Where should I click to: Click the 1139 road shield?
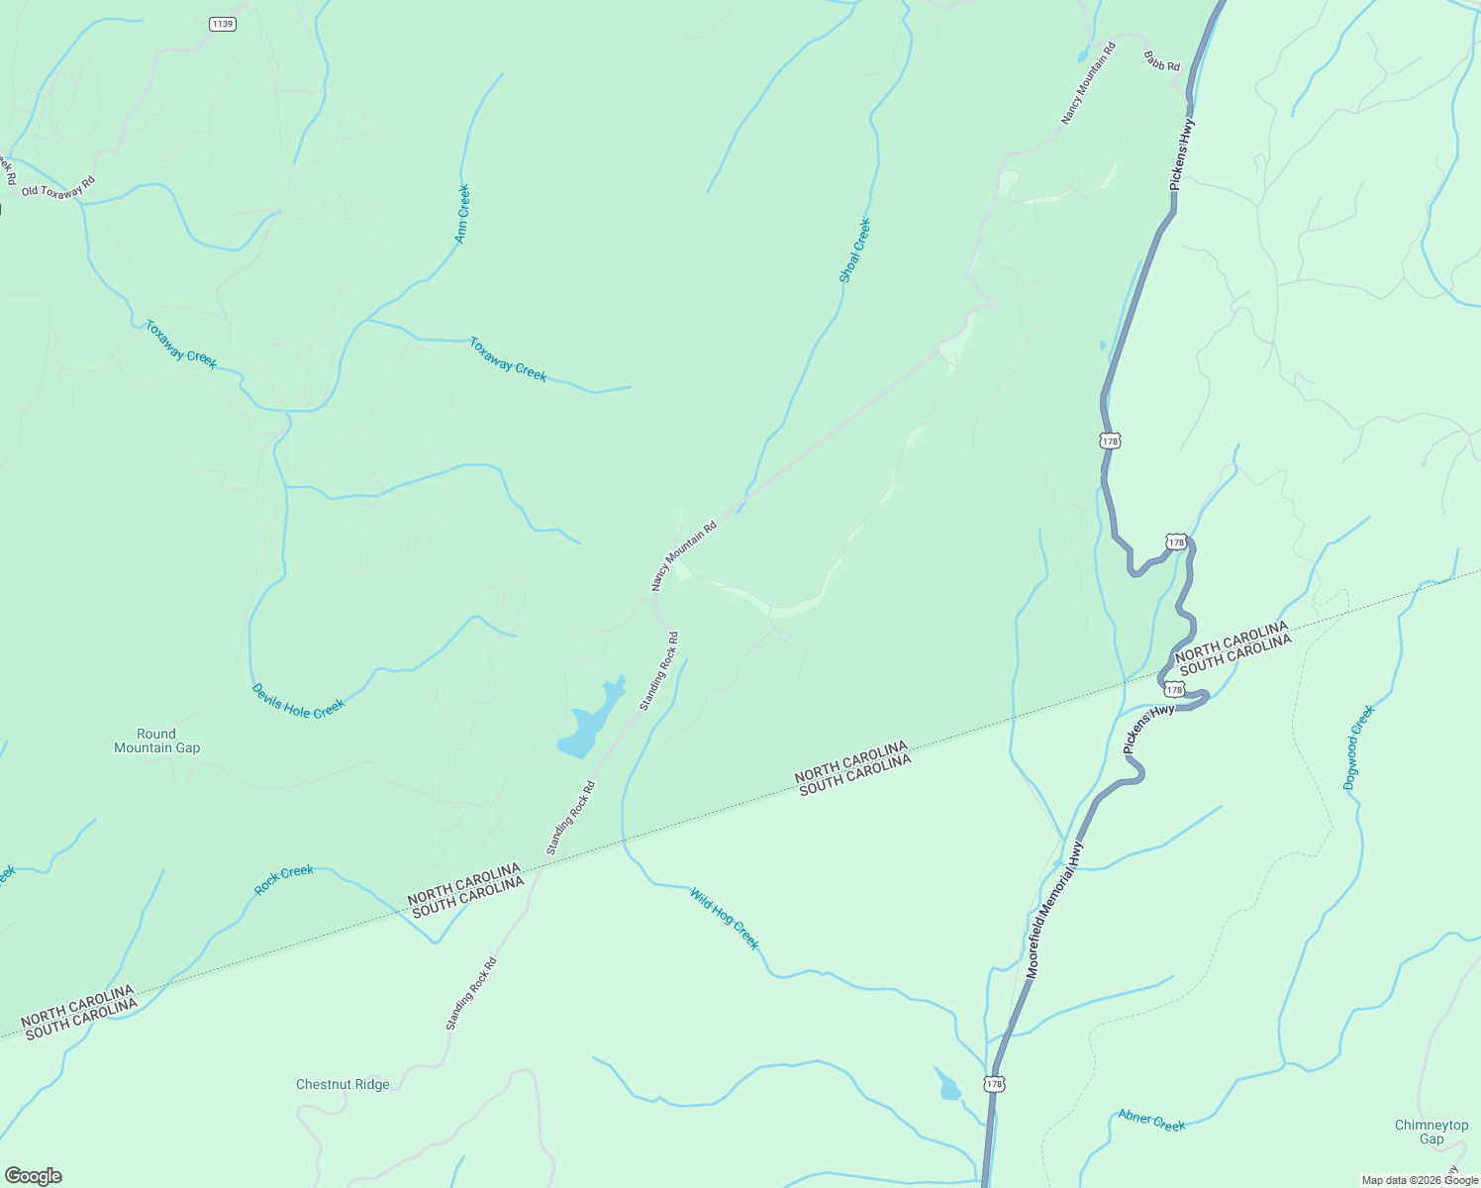pos(223,24)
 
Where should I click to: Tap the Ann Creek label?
pos(462,214)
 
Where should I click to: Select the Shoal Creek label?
pos(854,250)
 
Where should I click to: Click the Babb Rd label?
pos(1162,61)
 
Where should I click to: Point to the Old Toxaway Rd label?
pos(58,186)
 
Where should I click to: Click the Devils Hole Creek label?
pos(298,702)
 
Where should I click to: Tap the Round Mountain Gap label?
pos(156,741)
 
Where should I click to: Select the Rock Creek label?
pos(284,879)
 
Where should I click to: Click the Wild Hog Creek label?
pos(725,920)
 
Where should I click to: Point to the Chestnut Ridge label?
pos(343,1084)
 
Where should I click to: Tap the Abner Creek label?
pos(1151,1120)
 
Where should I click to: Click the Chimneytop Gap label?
pos(1432,1132)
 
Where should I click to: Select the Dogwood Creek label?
pos(1359,747)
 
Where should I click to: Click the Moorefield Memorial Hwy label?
pos(1055,911)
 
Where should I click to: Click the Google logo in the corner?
pos(33,1176)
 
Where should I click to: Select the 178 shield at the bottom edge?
pos(995,1084)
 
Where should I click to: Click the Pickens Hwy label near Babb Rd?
pos(1182,154)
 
